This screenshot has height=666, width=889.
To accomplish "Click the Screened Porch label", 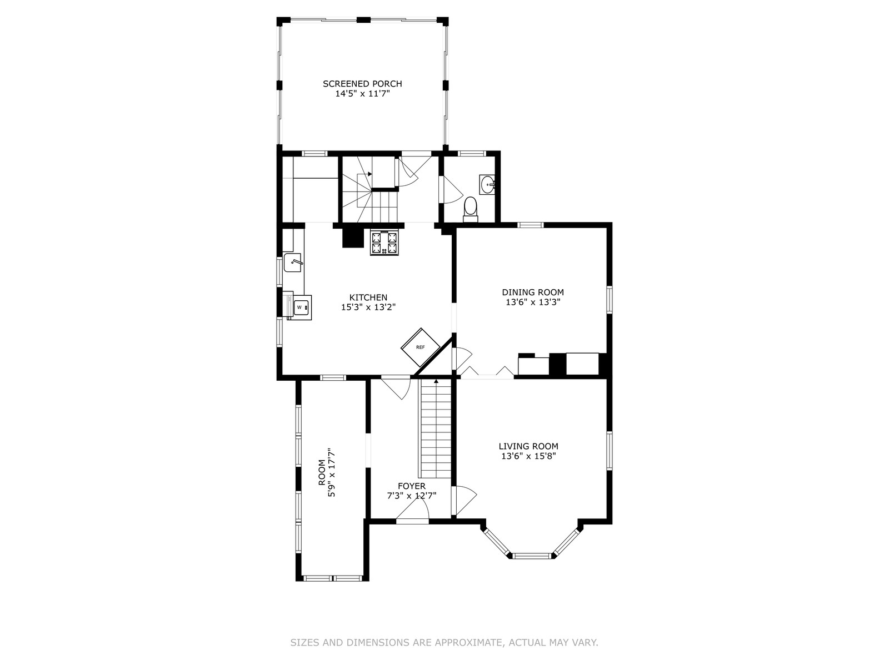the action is point(362,84).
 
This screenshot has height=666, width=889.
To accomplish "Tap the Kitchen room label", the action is point(368,297).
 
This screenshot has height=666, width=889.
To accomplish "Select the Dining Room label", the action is point(533,292).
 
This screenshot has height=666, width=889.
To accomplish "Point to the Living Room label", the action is point(528,446).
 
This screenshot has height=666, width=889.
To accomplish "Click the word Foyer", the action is point(412,486).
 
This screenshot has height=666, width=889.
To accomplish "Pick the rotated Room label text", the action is point(322,472).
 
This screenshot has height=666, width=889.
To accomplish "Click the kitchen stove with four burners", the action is point(384,243).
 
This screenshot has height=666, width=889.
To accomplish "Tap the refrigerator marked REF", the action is point(421,347).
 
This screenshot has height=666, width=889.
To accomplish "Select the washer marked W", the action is point(300,307).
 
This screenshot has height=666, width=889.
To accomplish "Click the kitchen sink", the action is point(293,263).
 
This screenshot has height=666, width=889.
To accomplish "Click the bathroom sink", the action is point(487,185).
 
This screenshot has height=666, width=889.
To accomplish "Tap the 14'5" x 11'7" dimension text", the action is point(362,94).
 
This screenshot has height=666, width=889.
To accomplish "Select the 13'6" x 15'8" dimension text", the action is point(528,456).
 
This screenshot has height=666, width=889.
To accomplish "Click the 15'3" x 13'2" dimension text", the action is point(368,307).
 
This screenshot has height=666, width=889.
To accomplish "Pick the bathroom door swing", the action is point(453,190).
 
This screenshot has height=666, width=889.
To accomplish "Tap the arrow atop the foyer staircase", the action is point(436,381).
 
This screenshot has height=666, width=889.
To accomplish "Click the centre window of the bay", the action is point(532,556).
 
